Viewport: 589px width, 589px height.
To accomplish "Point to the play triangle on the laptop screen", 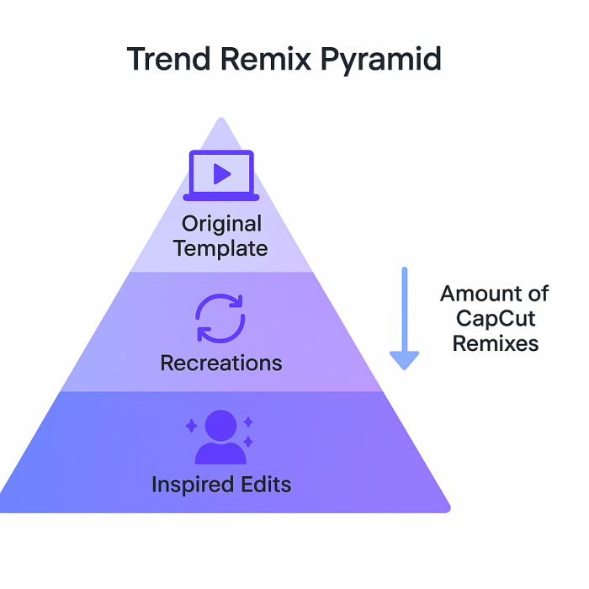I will (222, 173).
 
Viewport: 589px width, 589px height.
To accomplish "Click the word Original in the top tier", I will (222, 224).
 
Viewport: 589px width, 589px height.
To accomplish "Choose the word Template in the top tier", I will (222, 248).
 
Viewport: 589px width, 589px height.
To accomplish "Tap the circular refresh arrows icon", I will (220, 318).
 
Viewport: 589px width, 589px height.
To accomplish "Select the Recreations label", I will (221, 363).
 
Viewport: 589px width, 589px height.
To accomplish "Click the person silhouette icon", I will (220, 438).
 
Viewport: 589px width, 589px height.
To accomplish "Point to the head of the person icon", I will (220, 422).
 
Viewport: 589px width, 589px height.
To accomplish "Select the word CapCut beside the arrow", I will (496, 318).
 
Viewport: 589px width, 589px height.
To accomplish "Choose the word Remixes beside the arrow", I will (496, 342).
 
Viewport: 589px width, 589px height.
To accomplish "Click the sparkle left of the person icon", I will (191, 426).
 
